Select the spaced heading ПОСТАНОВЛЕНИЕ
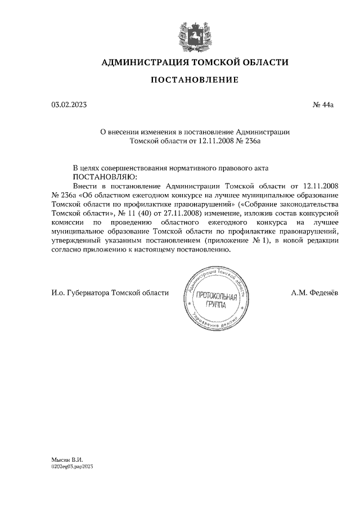coord(194,80)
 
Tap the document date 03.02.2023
coord(69,105)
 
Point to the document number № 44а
coord(323,105)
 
